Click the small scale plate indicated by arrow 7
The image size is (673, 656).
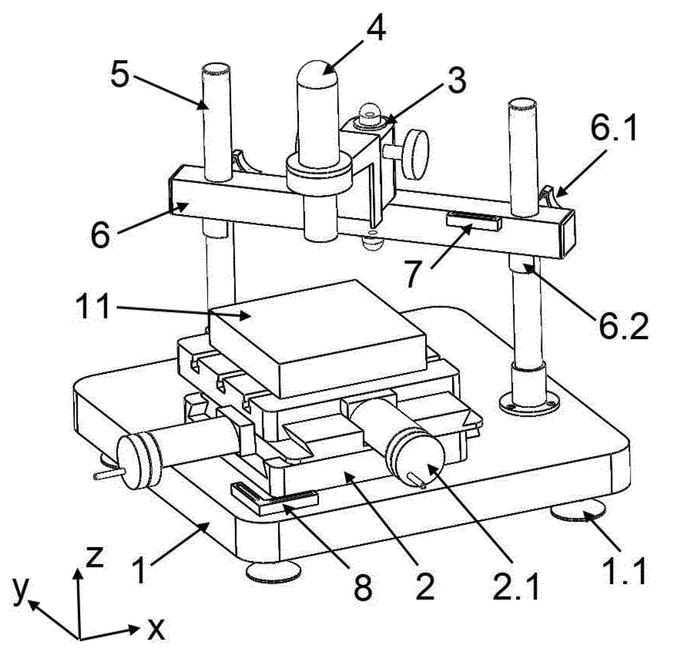(474, 221)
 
